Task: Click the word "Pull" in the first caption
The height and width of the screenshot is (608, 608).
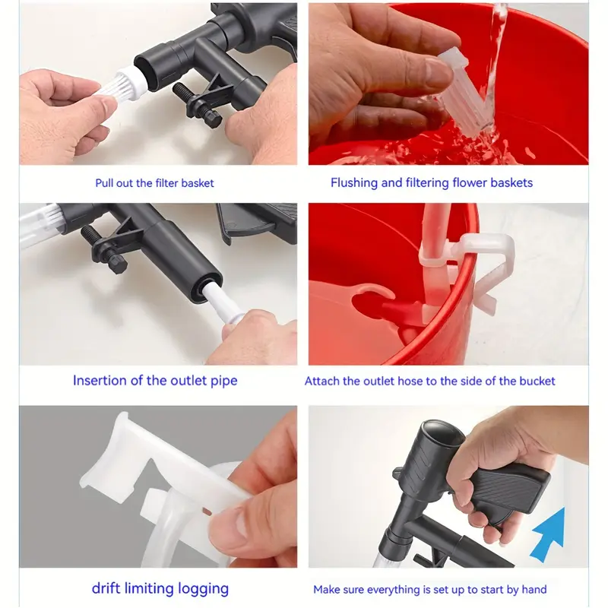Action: click(x=104, y=183)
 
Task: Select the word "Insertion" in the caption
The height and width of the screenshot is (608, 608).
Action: click(x=100, y=381)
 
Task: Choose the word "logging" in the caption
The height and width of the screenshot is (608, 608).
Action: click(x=203, y=590)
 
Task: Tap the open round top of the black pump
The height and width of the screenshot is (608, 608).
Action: click(x=442, y=432)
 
